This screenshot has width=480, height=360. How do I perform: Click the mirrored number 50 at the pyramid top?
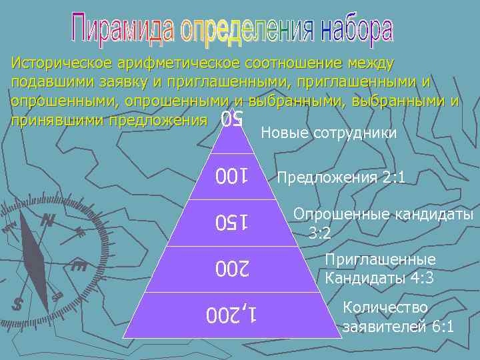pyautogui.click(x=231, y=120)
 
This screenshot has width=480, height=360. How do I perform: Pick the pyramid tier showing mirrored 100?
pyautogui.click(x=231, y=177)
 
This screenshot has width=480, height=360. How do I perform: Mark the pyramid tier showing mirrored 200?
pyautogui.click(x=231, y=269)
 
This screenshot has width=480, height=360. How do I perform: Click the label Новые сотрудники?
pyautogui.click(x=329, y=133)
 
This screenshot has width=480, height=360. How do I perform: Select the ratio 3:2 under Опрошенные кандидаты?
pyautogui.click(x=321, y=233)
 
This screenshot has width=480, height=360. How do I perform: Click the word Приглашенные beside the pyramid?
pyautogui.click(x=379, y=260)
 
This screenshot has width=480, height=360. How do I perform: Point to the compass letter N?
pyautogui.click(x=47, y=220)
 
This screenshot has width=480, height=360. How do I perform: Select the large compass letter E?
pyautogui.click(x=79, y=267)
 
